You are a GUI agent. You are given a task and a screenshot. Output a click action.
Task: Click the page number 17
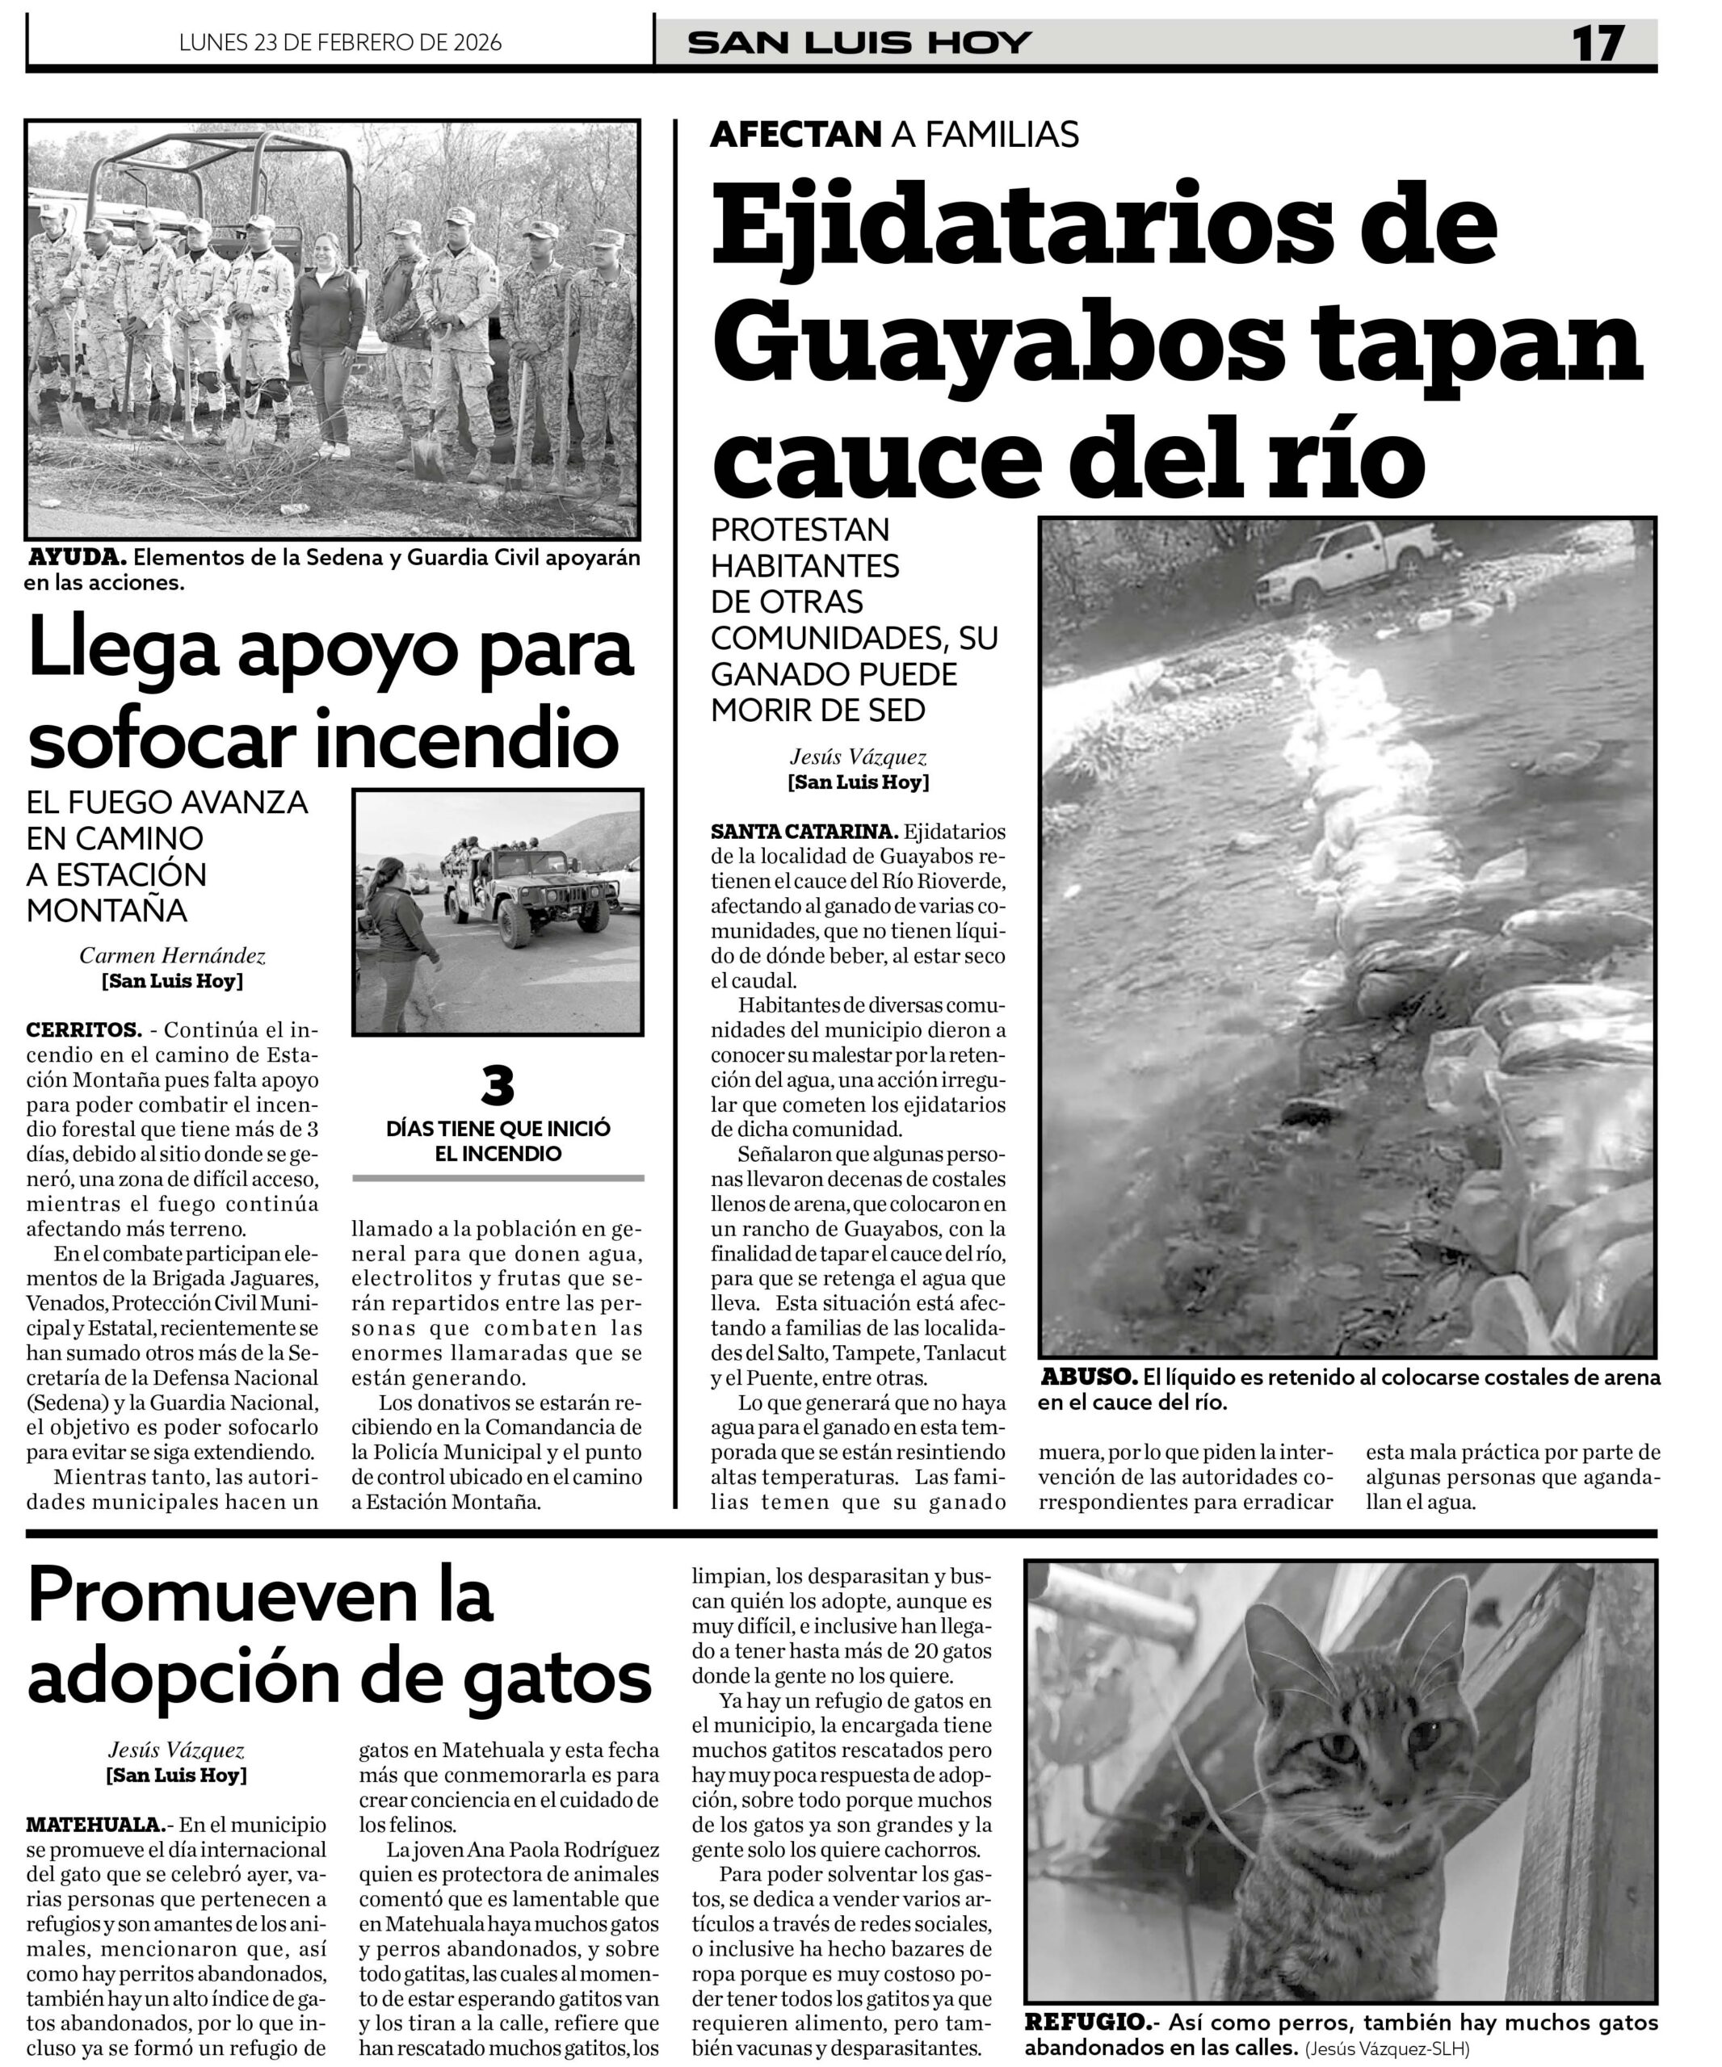1597,44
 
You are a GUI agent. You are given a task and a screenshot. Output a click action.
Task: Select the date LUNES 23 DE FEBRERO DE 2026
340,42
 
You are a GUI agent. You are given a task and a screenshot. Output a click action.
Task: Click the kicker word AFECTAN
795,134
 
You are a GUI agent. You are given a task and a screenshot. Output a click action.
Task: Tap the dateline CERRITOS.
84,1030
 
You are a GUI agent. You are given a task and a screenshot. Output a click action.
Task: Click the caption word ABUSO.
1088,1377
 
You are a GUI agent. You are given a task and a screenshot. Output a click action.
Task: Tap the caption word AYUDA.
77,557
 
